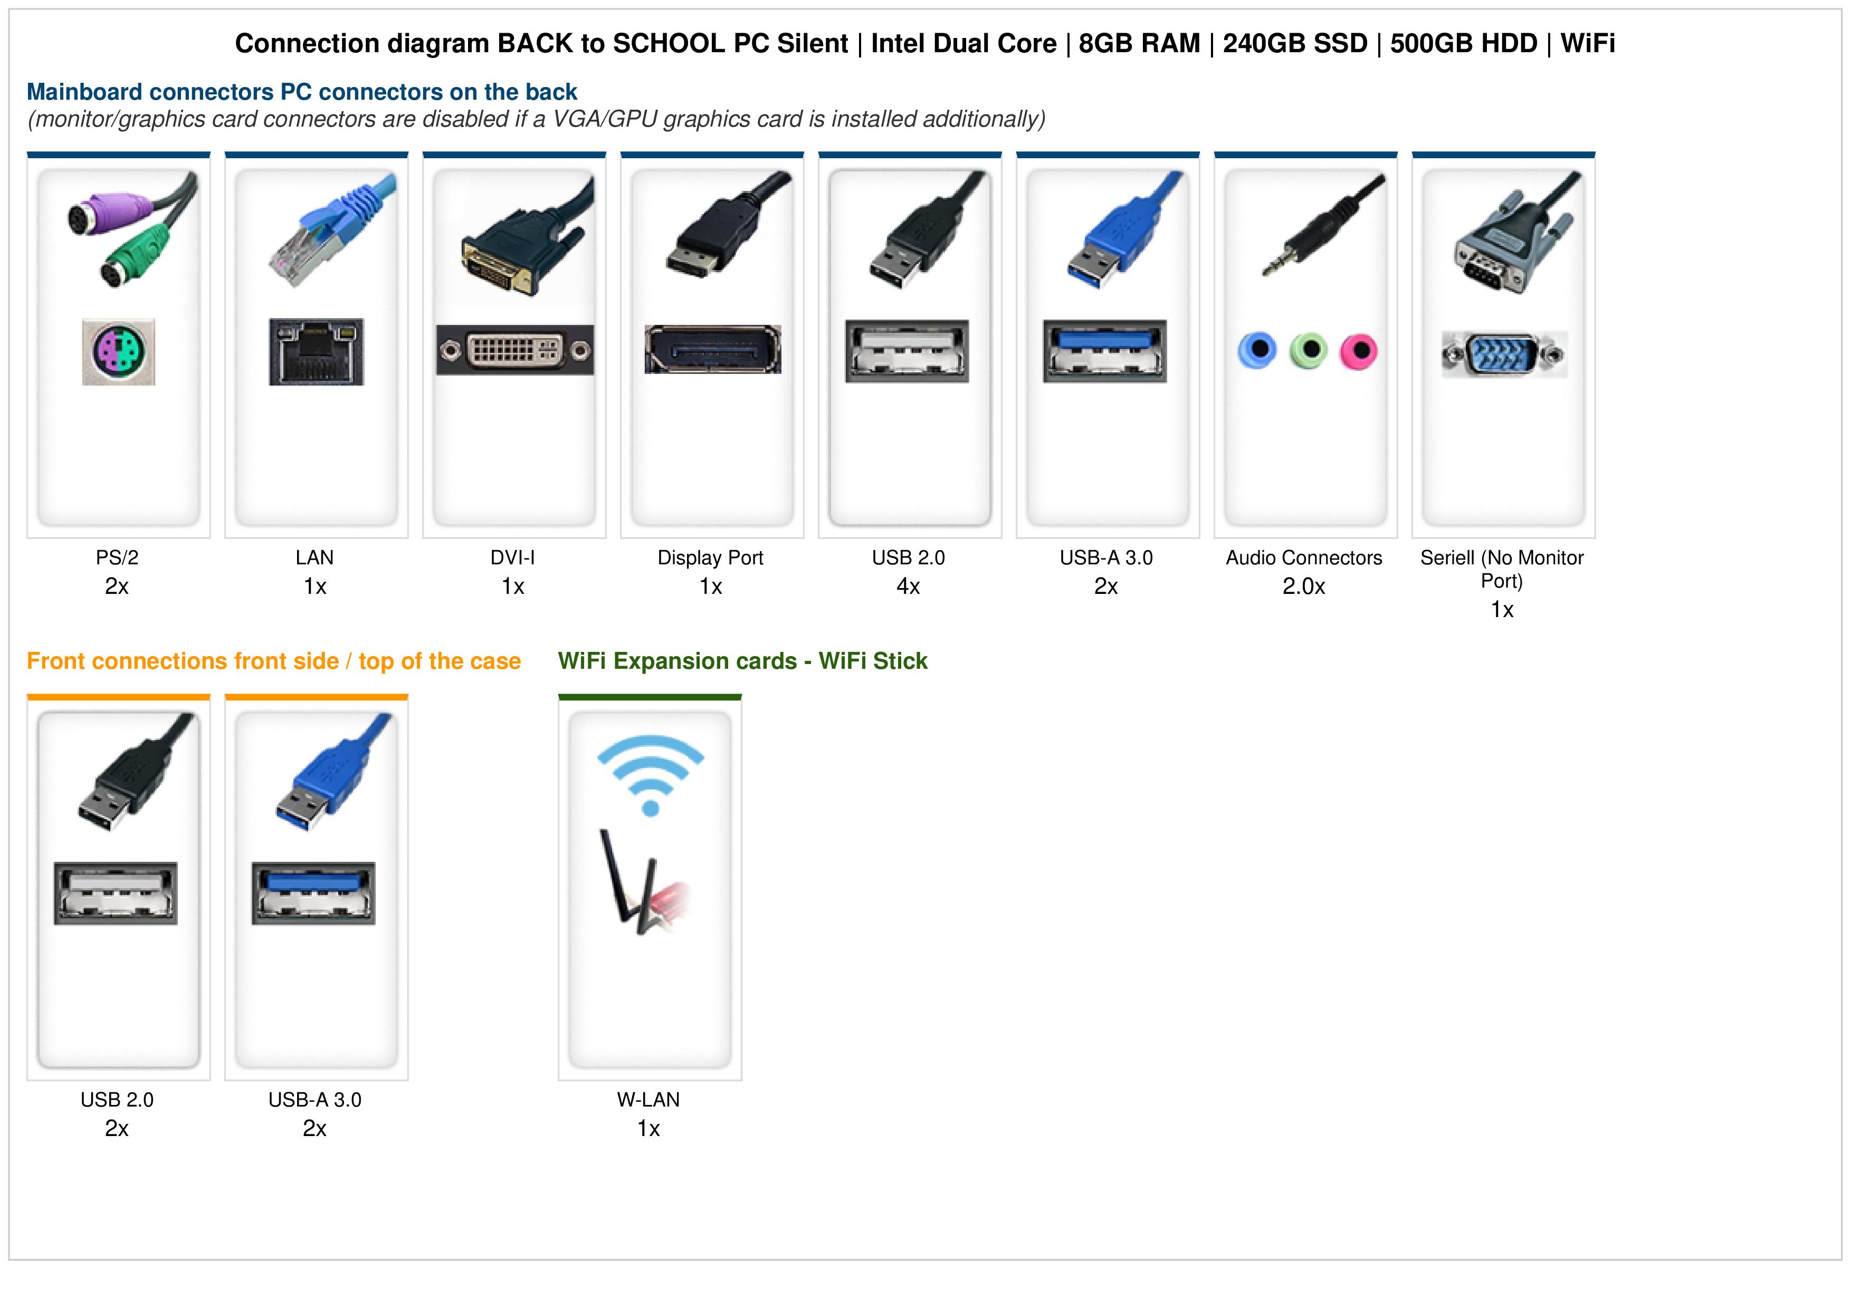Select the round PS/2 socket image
coord(119,351)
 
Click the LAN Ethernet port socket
coord(316,351)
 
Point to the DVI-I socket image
coord(514,350)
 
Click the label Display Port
coord(710,557)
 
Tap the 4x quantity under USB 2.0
coord(909,586)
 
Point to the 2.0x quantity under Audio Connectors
coord(1304,586)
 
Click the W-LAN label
coord(648,1100)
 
